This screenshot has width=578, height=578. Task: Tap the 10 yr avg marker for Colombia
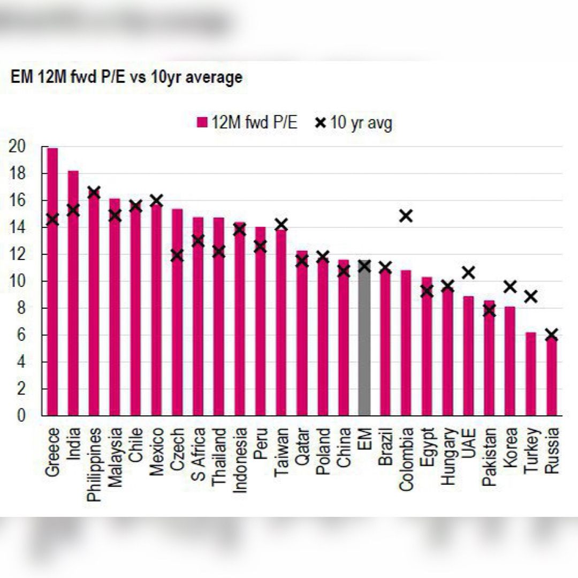tap(406, 216)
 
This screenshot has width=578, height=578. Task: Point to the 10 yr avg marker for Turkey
tap(530, 296)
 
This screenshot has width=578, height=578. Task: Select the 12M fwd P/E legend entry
tap(247, 123)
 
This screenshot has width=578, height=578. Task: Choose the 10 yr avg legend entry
tap(354, 123)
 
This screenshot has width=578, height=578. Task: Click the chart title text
tap(126, 78)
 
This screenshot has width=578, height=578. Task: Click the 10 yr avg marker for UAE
tap(468, 272)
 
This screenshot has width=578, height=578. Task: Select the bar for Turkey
tap(530, 374)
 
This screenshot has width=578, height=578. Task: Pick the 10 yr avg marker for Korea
tap(509, 287)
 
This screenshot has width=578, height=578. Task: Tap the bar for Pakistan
tap(489, 358)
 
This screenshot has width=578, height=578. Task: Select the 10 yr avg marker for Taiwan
tap(281, 224)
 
